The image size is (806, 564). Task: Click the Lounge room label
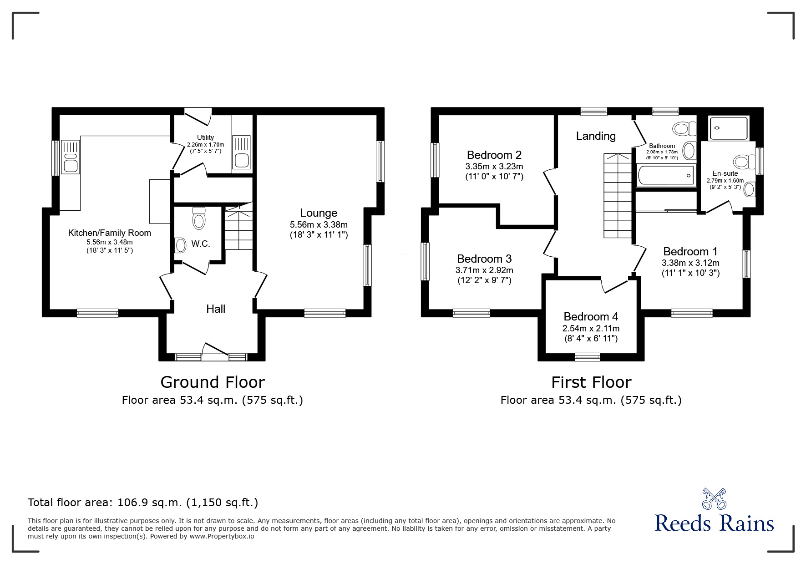319,213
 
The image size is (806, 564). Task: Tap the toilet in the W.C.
199,218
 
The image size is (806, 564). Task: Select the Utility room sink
241,152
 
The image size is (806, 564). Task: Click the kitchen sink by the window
71,157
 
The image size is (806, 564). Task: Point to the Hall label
216,309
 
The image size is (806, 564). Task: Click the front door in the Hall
215,353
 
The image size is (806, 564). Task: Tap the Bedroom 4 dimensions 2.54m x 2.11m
591,328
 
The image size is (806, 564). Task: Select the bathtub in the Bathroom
665,176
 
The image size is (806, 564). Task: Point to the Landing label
596,136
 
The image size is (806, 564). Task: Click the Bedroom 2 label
494,155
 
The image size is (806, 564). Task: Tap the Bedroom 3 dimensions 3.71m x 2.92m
484,270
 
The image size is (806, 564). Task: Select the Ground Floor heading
213,382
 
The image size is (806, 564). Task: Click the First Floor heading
591,382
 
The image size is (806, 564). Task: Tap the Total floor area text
143,503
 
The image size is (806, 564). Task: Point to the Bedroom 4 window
587,357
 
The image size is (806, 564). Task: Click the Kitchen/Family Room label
109,233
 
